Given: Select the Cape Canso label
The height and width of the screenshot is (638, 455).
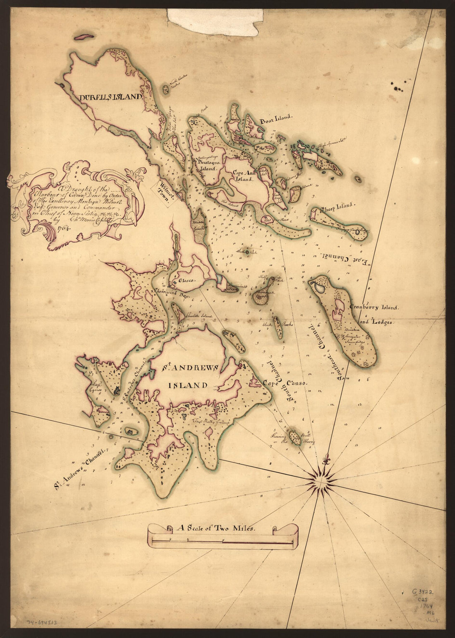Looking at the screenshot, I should (285, 383).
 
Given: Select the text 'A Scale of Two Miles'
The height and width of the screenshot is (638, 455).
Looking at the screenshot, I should (211, 528).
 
